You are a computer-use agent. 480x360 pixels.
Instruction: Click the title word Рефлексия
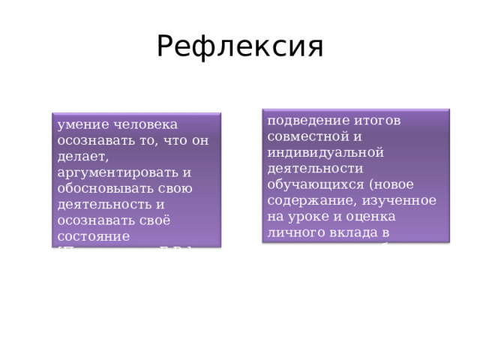click(x=240, y=46)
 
